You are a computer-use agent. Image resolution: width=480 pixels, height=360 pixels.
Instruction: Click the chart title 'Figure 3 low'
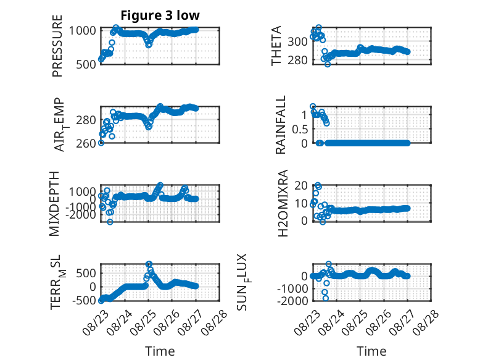[x=160, y=15]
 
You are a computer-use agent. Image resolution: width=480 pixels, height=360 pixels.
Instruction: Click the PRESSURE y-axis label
[x=57, y=46]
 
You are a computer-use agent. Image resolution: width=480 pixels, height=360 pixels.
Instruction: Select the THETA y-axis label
[x=276, y=46]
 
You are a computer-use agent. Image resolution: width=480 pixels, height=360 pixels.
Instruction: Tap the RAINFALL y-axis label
[x=280, y=125]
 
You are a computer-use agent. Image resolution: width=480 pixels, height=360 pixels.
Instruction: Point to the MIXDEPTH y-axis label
[x=54, y=203]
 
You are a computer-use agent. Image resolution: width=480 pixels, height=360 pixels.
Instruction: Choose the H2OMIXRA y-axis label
[x=283, y=203]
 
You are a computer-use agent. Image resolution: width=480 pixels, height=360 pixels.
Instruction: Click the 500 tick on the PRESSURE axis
[x=86, y=64]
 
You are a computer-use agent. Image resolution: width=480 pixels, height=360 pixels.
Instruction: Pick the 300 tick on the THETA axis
[x=297, y=41]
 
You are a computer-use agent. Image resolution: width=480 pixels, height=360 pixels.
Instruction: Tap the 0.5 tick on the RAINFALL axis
[x=300, y=129]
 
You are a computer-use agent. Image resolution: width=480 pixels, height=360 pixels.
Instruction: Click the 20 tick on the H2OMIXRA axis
[x=301, y=185]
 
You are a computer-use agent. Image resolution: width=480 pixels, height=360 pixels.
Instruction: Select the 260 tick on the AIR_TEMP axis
[x=86, y=143]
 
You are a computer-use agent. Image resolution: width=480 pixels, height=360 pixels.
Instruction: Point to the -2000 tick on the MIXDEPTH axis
[x=81, y=215]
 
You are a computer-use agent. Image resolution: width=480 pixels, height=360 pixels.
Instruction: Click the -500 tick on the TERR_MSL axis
[x=84, y=301]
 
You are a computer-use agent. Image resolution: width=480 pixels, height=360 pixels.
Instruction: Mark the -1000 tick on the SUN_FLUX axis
[x=292, y=288]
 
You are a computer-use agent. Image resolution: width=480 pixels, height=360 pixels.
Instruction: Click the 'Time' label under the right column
[x=371, y=351]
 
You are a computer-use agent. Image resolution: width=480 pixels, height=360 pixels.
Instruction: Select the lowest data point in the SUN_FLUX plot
[x=325, y=298]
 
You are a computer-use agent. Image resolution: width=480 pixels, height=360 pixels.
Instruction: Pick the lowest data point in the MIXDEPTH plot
[x=110, y=222]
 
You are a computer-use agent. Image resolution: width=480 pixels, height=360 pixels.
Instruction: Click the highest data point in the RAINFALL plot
[x=313, y=106]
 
